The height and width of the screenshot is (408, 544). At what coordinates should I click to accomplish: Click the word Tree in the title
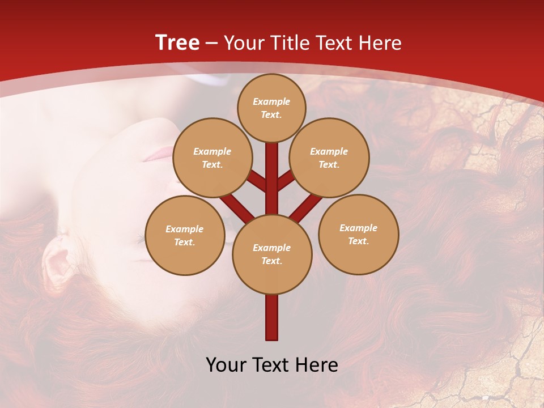coord(177,42)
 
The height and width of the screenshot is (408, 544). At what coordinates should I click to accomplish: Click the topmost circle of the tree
coord(271,108)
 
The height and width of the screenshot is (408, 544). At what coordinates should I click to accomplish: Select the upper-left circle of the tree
coord(212,158)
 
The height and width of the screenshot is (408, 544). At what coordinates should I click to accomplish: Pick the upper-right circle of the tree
coord(329,158)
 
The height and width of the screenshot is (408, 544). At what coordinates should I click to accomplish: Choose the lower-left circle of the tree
coord(185,235)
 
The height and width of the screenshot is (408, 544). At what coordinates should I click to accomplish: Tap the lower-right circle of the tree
coord(358,234)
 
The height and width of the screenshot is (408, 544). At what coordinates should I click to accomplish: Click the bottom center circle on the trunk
coord(272,254)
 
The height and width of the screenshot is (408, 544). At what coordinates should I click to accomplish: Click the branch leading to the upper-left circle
coord(257,182)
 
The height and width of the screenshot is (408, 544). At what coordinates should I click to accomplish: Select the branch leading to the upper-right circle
coord(286,181)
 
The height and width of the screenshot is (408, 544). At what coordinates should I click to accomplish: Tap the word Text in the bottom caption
coord(271,364)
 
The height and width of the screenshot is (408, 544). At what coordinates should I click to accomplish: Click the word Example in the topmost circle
coord(271,101)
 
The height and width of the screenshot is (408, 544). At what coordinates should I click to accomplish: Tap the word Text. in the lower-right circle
coord(358,241)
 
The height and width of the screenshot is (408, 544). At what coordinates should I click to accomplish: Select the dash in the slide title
coord(212,43)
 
